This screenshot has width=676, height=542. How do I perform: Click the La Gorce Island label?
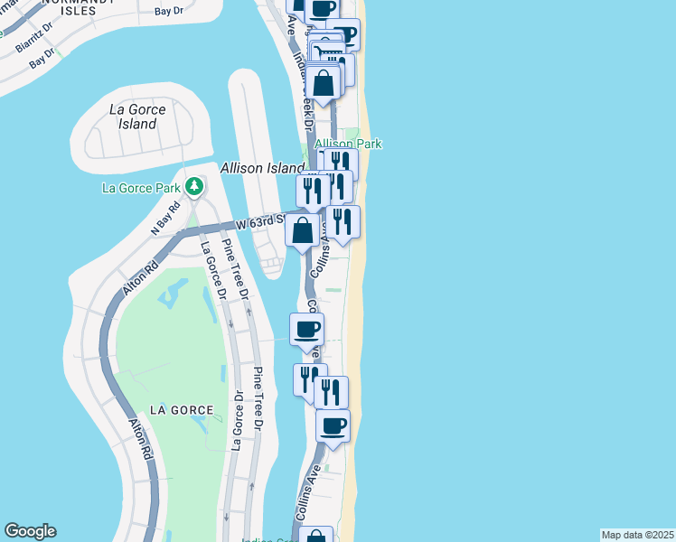137,117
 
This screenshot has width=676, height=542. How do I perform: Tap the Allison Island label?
262,168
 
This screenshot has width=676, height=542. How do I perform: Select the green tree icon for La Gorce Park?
193,186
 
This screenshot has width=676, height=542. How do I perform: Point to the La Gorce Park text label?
143,189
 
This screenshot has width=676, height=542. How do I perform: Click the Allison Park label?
348,144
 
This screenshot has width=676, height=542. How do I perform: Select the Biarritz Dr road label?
35,32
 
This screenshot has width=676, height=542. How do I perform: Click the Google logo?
30,531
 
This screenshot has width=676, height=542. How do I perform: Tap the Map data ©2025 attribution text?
637,535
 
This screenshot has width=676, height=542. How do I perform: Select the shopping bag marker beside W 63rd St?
303,231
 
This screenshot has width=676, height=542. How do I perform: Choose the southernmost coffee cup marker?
333,425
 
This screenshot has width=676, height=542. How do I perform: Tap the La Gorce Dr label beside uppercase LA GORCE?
237,420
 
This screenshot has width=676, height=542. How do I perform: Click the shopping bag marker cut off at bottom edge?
316,535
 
